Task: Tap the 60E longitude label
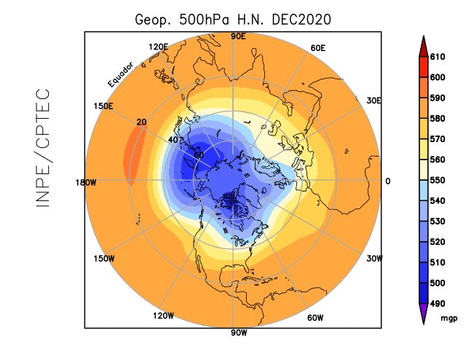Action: click(x=317, y=48)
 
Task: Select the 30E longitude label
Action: click(x=374, y=101)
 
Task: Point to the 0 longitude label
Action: click(x=387, y=181)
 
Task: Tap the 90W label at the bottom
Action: click(x=236, y=334)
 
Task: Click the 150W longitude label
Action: click(x=104, y=259)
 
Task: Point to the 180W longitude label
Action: click(x=86, y=181)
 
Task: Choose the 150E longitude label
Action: click(x=103, y=106)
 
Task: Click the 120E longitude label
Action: click(x=158, y=47)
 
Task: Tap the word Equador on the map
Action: click(x=121, y=74)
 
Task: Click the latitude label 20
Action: click(x=141, y=122)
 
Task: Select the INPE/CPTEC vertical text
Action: click(x=43, y=148)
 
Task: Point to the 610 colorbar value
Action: click(x=437, y=56)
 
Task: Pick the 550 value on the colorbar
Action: click(x=437, y=179)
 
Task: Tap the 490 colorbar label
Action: click(x=437, y=302)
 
